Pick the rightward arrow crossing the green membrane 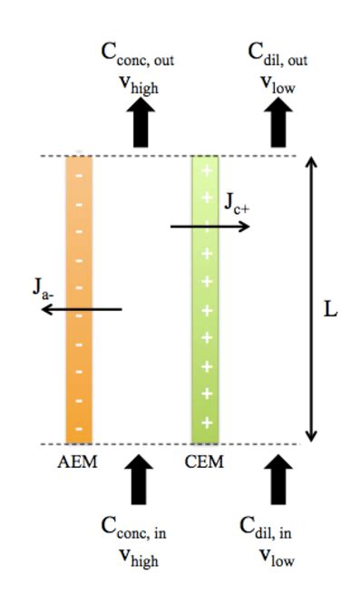coord(210,225)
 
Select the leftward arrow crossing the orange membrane coord(82,309)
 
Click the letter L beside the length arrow coord(331,309)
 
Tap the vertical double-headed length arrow coord(311,299)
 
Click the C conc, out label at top coord(137,53)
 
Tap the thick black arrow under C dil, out coord(278,122)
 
